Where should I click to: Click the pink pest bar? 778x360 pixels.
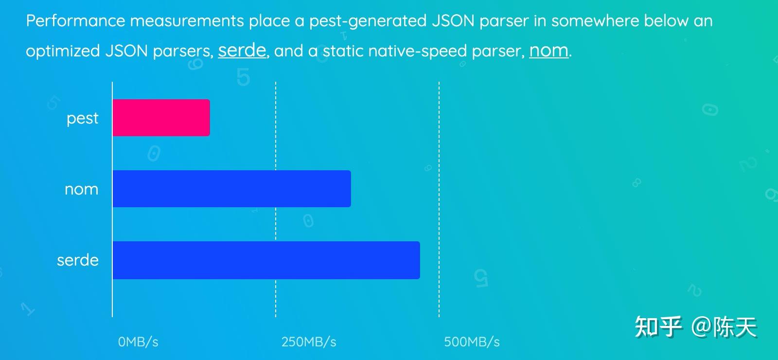(161, 118)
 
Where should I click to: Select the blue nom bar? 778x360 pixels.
(231, 189)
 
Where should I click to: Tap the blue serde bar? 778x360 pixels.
(266, 260)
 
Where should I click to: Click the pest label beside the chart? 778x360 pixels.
(82, 118)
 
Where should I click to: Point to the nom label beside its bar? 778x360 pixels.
(81, 189)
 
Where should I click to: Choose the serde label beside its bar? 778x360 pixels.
(77, 260)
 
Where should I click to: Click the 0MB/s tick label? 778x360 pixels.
(138, 342)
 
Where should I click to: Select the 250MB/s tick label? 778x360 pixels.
(309, 342)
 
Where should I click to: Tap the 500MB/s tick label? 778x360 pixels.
(472, 342)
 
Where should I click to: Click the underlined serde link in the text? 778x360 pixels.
(242, 51)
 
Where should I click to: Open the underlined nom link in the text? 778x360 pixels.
(548, 51)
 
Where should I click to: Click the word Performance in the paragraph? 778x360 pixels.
(75, 21)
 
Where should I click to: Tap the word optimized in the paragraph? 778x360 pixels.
(63, 51)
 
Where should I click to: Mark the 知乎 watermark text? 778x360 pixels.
(658, 326)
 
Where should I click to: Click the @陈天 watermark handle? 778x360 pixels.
(724, 326)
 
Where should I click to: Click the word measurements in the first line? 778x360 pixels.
(187, 21)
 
